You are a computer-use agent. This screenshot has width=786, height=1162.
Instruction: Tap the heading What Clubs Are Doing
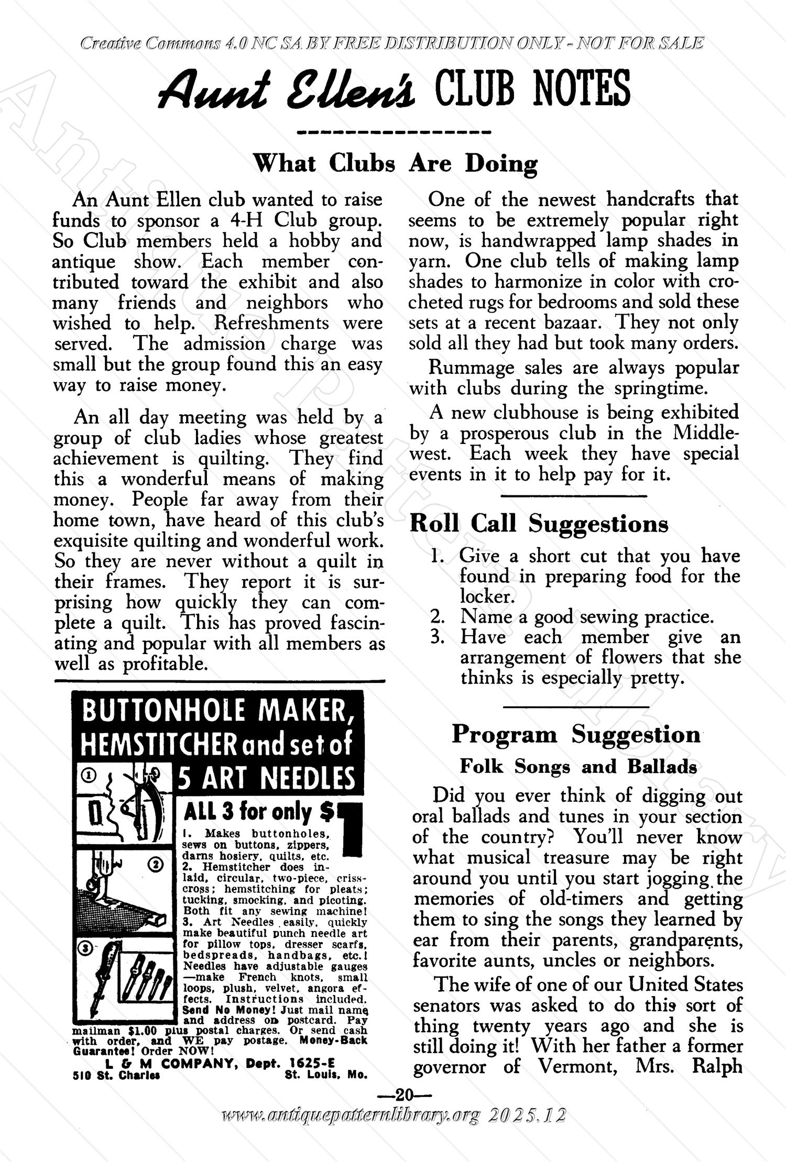[x=396, y=163]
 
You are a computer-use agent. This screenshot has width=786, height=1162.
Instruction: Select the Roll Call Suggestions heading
[x=539, y=523]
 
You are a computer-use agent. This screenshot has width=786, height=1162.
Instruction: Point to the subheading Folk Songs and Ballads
[x=578, y=766]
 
